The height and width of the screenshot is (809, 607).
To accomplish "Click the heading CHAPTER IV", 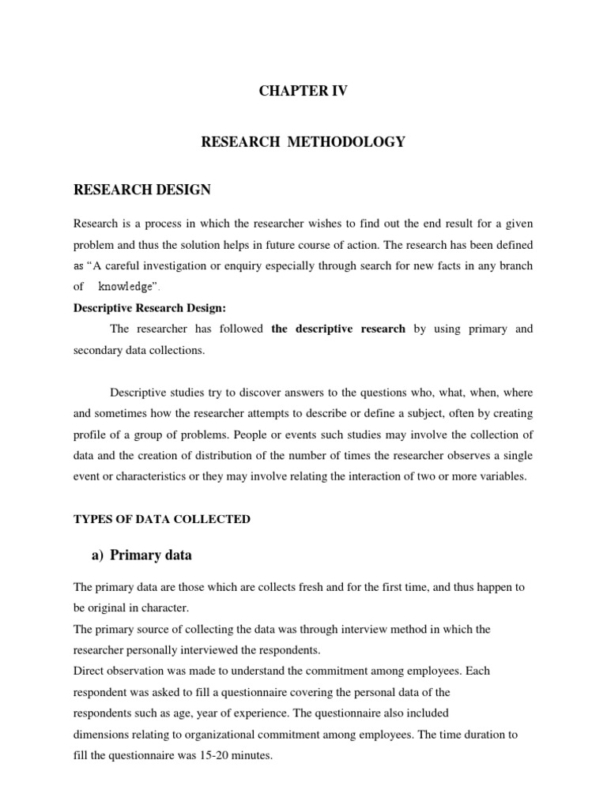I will pyautogui.click(x=303, y=92).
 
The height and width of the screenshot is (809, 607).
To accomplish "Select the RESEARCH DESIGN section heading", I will pyautogui.click(x=142, y=190).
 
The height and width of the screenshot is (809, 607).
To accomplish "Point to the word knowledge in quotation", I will pyautogui.click(x=124, y=288).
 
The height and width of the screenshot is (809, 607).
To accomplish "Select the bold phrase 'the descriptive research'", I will pyautogui.click(x=338, y=329).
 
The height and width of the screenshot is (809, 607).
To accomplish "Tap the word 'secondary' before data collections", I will pyautogui.click(x=100, y=351).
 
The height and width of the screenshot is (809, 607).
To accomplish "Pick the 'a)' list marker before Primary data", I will pyautogui.click(x=99, y=555).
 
